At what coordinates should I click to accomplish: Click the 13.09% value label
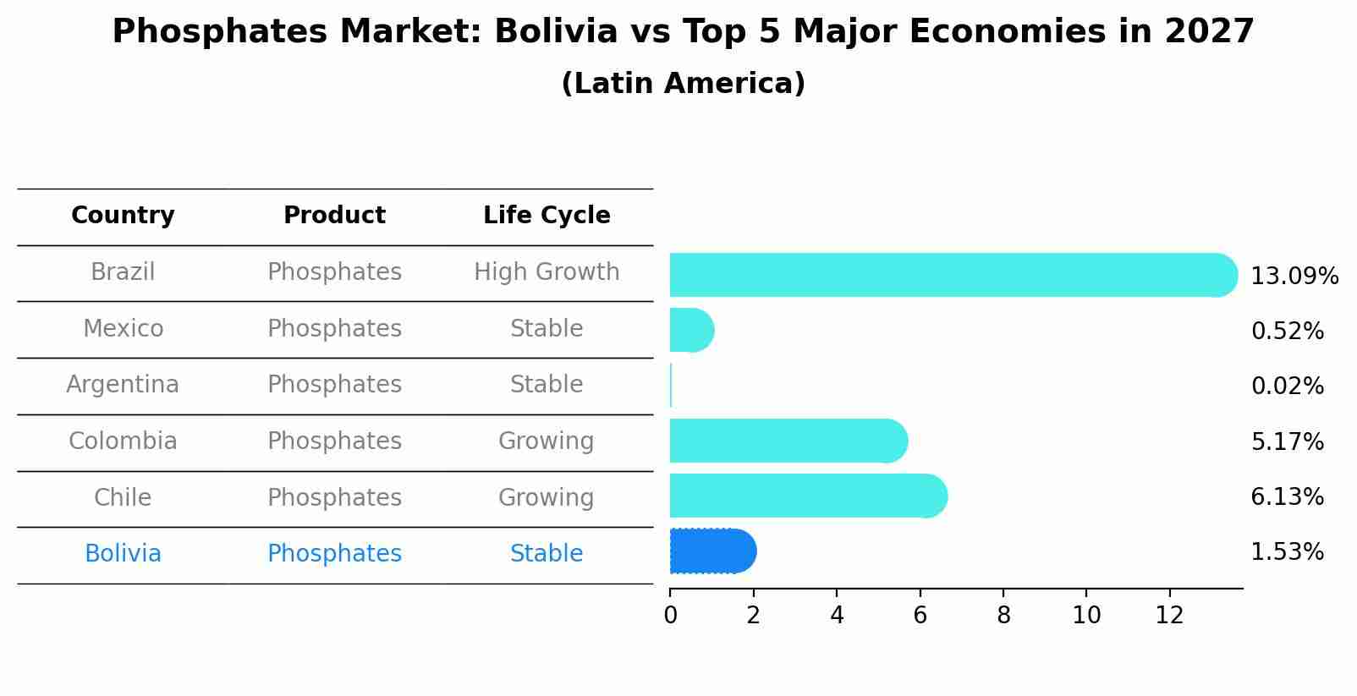1294,277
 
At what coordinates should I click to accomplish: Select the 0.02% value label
1287,386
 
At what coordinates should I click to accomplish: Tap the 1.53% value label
1287,552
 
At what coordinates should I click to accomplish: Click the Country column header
123,216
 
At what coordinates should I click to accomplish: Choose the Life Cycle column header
547,216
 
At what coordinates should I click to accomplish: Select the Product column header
334,216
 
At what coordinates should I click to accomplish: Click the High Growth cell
547,272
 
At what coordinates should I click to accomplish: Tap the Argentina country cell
123,385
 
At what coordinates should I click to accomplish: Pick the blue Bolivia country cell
123,554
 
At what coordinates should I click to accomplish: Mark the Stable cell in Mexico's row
547,329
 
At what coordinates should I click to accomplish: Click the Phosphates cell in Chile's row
334,498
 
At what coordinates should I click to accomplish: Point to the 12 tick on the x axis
1169,616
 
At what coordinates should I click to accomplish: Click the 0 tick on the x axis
670,616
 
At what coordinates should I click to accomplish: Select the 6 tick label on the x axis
920,616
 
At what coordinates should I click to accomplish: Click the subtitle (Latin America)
683,84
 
